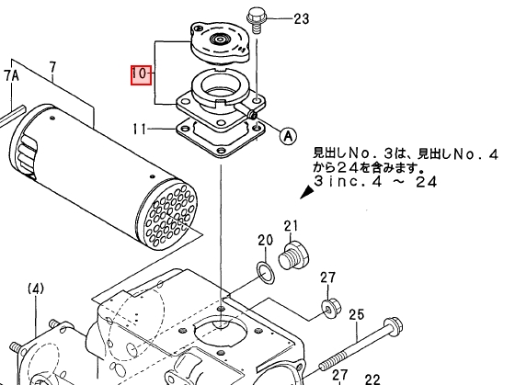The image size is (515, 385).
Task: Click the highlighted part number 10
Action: point(142,74)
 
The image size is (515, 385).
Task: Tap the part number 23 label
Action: point(302,18)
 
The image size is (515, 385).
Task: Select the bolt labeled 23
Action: point(256,20)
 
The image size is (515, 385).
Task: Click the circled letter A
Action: point(288,135)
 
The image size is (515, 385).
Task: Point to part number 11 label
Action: point(139,129)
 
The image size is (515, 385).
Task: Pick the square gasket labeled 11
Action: point(221,137)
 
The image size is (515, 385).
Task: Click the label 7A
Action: point(11,76)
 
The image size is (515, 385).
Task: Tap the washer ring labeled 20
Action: point(266,272)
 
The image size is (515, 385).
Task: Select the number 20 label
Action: point(266,241)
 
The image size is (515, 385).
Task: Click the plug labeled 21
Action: point(293,255)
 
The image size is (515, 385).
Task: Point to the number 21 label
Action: point(291,226)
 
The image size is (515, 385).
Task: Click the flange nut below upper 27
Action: point(331,308)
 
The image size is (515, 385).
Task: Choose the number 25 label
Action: point(357,315)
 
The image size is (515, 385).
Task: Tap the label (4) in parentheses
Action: point(36,289)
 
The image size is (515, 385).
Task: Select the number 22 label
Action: point(372,379)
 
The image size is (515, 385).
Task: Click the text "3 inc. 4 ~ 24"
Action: point(376,181)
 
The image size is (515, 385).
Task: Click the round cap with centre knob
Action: point(219,42)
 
